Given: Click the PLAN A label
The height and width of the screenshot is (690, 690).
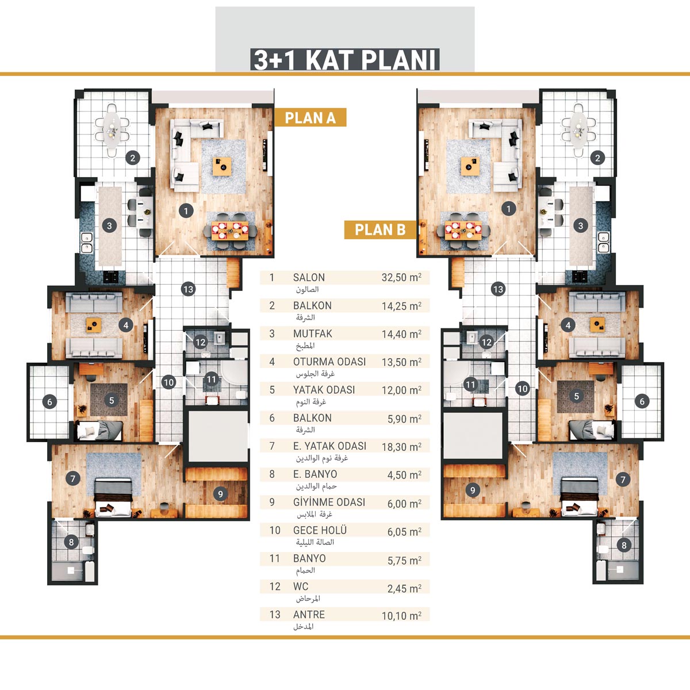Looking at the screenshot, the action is (x=310, y=117).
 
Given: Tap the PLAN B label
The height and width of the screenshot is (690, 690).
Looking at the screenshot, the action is (x=380, y=229).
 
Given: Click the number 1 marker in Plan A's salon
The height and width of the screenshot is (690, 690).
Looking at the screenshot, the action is (x=186, y=211).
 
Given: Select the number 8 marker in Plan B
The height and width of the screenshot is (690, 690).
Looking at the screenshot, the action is (x=624, y=545).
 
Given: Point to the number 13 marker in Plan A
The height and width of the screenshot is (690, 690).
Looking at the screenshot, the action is (x=189, y=289).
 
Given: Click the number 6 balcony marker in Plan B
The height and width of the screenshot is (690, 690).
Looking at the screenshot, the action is (x=642, y=401).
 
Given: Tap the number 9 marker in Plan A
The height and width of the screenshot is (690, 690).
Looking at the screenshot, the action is (x=220, y=494).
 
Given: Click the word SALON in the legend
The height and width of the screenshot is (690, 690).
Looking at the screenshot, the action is (x=309, y=278).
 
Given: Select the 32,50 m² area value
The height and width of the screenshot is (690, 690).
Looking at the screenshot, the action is (x=401, y=278).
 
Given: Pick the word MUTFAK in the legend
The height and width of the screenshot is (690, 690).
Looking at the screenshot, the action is (x=313, y=333).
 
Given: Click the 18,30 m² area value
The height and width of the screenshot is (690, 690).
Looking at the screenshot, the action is (x=401, y=447).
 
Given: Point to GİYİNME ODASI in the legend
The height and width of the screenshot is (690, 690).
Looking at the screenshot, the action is (x=329, y=502).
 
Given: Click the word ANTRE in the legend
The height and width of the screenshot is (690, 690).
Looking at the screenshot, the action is (x=309, y=615).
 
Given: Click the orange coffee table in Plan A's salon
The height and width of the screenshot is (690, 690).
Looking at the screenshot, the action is (x=222, y=167).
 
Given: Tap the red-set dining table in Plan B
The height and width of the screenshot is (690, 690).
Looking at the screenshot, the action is (x=463, y=231).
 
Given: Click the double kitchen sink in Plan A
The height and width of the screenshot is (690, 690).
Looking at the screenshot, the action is (x=87, y=243).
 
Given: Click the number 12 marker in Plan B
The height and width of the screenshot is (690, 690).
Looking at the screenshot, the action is (x=486, y=342).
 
